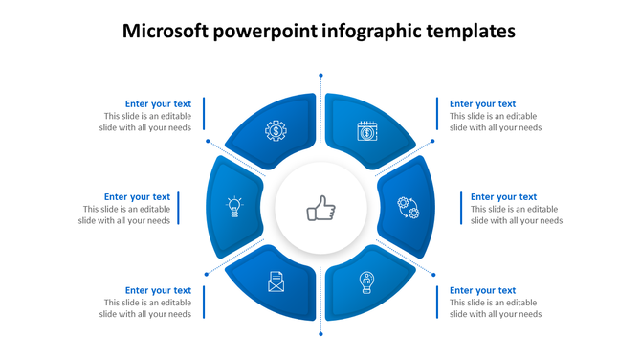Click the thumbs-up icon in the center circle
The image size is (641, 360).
click(320, 208)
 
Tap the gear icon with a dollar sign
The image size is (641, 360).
click(276, 130)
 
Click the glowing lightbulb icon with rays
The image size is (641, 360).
click(232, 207)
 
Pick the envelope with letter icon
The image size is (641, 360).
click(276, 282)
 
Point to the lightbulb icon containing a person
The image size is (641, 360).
click(365, 281)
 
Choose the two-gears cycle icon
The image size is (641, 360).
click(409, 207)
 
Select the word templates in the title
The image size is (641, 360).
click(469, 32)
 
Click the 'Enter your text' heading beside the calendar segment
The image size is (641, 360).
click(482, 104)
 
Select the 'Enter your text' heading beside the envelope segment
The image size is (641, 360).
click(158, 290)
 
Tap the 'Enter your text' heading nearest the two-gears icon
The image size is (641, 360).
click(503, 197)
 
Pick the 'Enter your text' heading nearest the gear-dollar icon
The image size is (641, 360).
click(158, 104)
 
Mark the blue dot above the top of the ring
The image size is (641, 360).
click(320, 73)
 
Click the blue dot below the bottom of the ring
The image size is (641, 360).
click(320, 334)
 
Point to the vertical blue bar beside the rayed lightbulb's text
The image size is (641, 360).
click(180, 209)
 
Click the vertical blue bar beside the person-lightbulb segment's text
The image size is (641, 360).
click(438, 302)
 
